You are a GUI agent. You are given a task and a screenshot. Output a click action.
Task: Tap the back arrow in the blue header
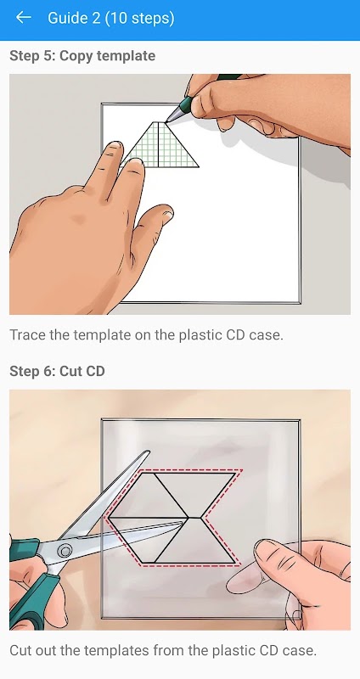pyautogui.click(x=24, y=17)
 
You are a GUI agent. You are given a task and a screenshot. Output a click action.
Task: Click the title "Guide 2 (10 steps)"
pyautogui.click(x=111, y=18)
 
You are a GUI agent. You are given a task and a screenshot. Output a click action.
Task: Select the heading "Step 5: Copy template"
pyautogui.click(x=82, y=56)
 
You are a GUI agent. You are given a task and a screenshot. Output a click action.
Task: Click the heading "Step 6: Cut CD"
pyautogui.click(x=57, y=371)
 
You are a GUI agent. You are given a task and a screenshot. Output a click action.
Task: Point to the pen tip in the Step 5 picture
pyautogui.click(x=167, y=121)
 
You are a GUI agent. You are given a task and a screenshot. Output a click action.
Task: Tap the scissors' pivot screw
pyautogui.click(x=65, y=551)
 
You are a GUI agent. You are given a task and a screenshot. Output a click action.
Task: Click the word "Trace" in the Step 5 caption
pyautogui.click(x=27, y=334)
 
